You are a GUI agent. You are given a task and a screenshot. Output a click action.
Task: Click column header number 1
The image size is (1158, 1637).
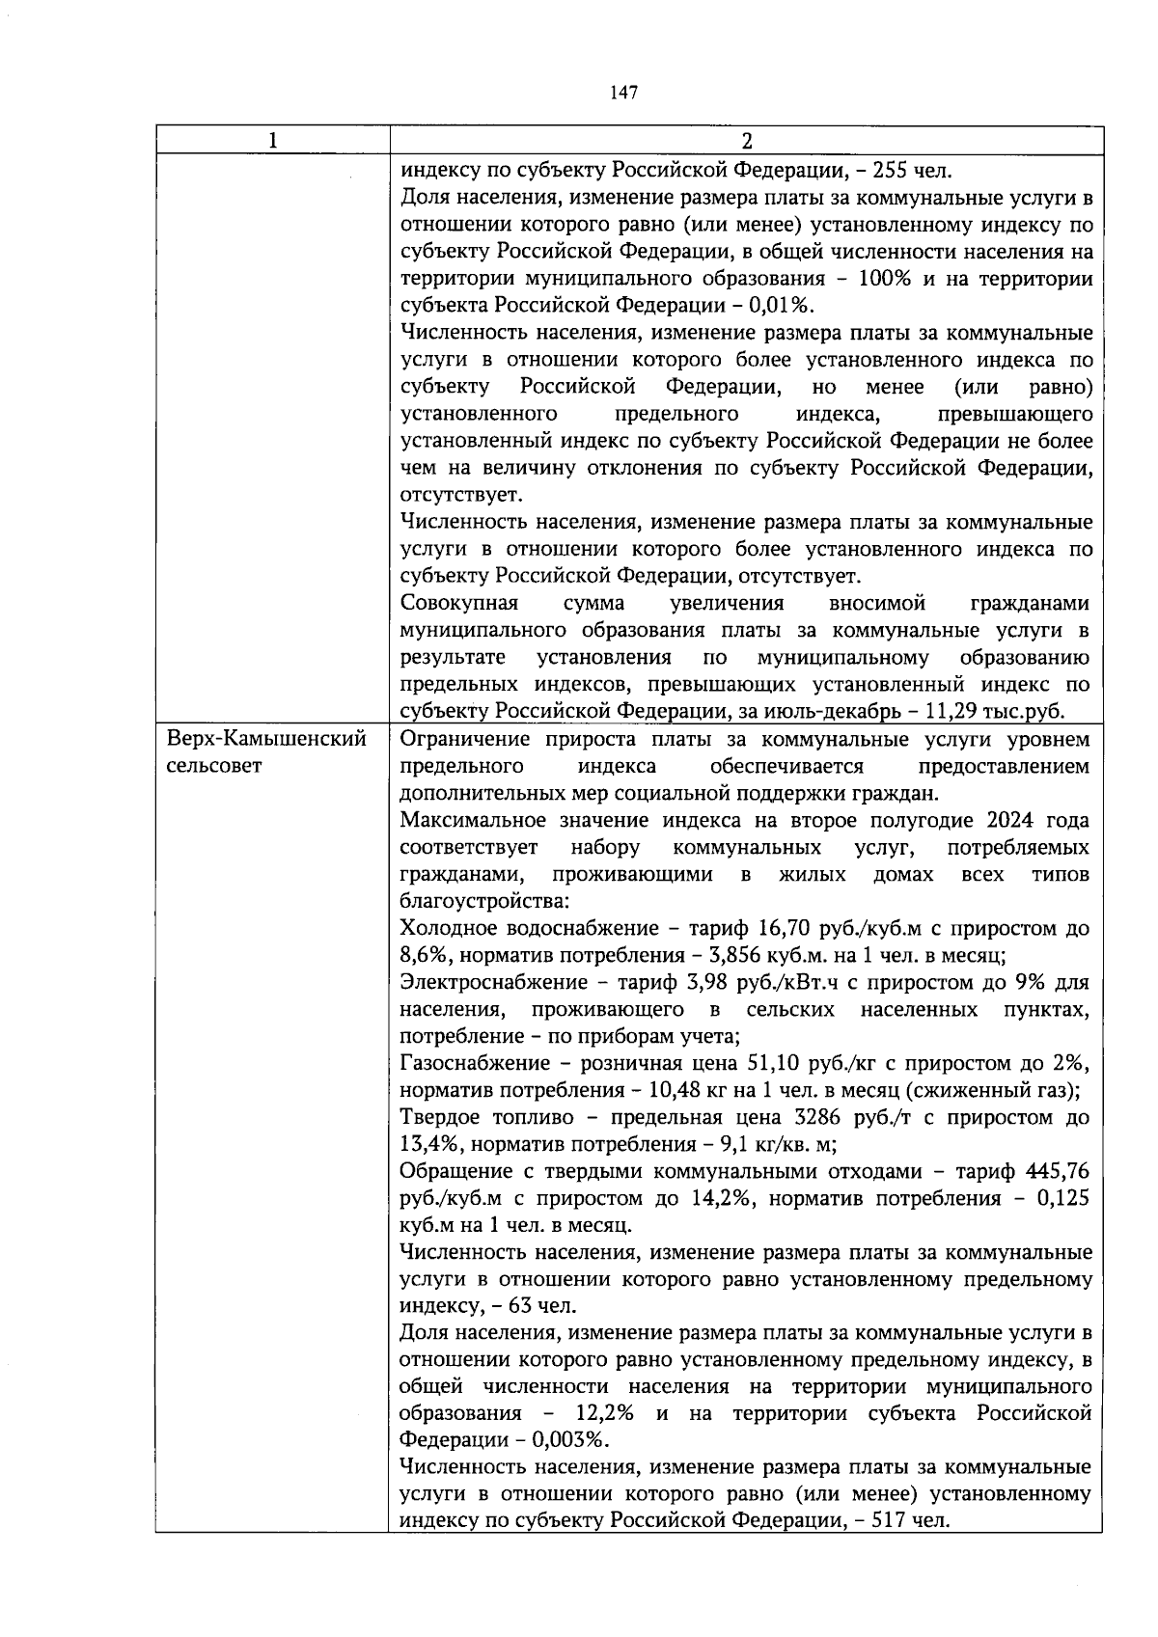click(x=273, y=141)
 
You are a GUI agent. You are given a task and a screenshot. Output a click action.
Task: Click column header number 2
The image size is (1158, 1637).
click(x=746, y=141)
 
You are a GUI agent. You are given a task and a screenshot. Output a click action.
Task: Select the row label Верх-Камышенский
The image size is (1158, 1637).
click(x=267, y=740)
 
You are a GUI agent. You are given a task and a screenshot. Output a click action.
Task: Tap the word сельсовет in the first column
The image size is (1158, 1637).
click(x=214, y=767)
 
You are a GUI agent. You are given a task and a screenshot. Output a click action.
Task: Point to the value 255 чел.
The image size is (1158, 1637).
click(x=912, y=172)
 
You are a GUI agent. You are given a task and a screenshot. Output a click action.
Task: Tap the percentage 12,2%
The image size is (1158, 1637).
click(x=604, y=1415)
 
